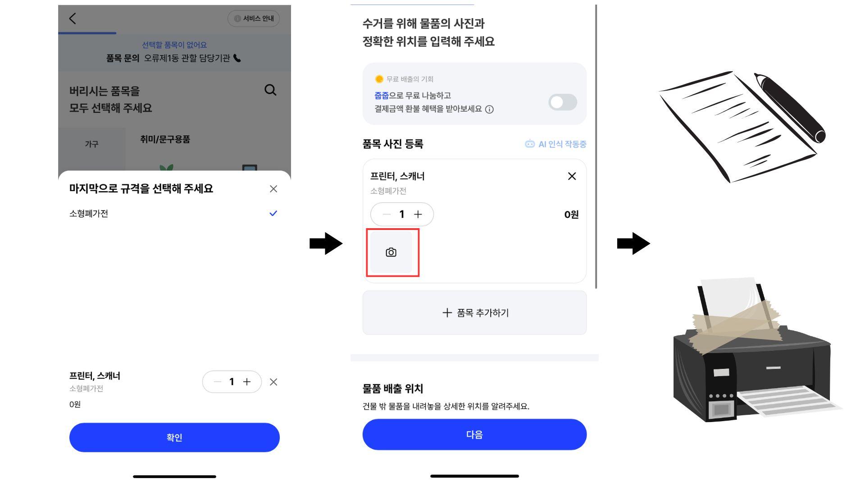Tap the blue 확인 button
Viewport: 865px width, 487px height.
point(174,437)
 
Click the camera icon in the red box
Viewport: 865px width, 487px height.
point(391,253)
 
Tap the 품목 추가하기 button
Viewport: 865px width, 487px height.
point(474,312)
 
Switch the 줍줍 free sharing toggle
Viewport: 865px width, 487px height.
point(563,102)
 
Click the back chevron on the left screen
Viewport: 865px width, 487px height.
point(73,18)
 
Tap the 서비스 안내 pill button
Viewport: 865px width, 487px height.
point(254,18)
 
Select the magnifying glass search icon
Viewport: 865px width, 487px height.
point(270,90)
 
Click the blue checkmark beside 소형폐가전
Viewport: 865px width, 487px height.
point(273,213)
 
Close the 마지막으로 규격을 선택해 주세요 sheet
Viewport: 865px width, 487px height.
point(273,189)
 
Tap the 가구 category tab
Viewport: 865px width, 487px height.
point(91,144)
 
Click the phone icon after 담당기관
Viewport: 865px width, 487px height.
point(237,58)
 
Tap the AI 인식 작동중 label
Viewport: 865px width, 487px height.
point(555,144)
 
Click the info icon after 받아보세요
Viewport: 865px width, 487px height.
point(489,109)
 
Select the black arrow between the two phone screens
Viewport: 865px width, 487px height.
point(326,243)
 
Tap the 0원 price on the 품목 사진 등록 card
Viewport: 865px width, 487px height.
point(571,215)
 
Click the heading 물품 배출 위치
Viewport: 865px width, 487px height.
point(393,389)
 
